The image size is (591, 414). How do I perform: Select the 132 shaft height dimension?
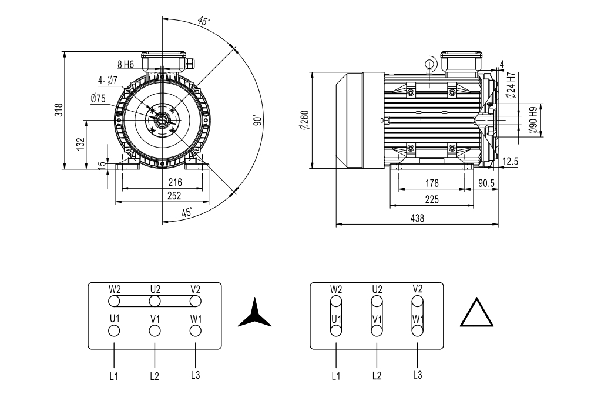point(80,144)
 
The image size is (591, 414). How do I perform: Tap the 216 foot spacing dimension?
point(175,183)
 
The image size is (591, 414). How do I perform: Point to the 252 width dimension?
point(174,196)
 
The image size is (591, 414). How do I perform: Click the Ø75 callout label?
point(98,99)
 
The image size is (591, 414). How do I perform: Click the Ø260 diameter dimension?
point(304,120)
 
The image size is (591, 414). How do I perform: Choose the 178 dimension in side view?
point(431,183)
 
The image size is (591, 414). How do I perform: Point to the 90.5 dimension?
point(486,183)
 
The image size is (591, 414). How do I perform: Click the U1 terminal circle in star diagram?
point(115,330)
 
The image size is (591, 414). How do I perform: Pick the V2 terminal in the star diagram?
point(196,301)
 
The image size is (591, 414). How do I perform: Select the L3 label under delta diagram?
point(417,375)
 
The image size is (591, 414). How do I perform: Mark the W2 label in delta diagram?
point(335,289)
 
